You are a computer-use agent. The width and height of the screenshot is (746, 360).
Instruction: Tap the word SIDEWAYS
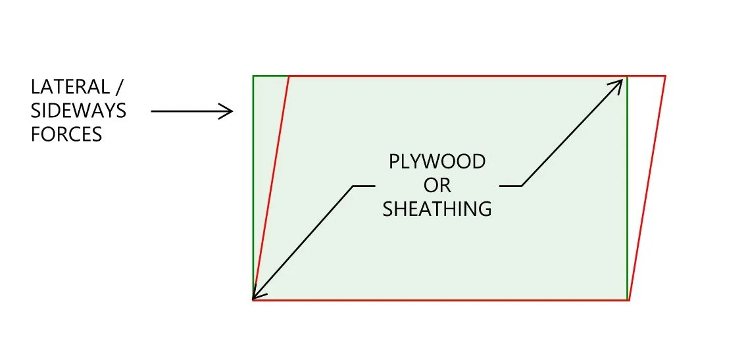[x=78, y=111]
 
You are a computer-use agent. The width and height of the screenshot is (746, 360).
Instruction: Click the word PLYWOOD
[x=437, y=162]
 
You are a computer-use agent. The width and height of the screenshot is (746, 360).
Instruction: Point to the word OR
[x=437, y=186]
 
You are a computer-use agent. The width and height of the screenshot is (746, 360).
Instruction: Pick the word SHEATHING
[x=437, y=209]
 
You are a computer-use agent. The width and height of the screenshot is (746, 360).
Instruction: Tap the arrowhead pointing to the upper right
[x=618, y=83]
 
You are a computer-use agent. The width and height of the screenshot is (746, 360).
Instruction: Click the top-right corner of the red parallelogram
[x=665, y=76]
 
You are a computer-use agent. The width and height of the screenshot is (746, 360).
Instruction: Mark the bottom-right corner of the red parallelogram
[x=629, y=300]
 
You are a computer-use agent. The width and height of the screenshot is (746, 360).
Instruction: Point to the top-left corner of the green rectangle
[x=253, y=76]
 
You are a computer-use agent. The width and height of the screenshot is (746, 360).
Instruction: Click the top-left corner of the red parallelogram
[x=289, y=76]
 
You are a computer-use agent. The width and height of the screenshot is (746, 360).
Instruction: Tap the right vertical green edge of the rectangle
[x=628, y=197]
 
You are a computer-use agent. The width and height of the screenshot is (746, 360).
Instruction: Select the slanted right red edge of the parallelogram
[x=647, y=188]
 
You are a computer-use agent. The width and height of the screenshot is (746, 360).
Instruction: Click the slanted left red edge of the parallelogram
[x=271, y=188]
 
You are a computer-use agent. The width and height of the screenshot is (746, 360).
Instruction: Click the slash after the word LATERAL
[x=121, y=87]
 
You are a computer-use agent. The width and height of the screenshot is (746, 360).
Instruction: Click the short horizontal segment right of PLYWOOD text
[x=510, y=186]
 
